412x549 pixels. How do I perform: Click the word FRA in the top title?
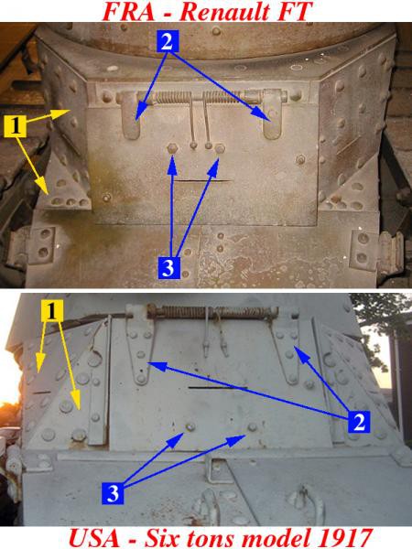(x=128, y=11)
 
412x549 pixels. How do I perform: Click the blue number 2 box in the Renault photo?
(x=168, y=41)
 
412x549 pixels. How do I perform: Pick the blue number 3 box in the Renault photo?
(x=169, y=268)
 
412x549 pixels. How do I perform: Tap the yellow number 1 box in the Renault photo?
(x=15, y=127)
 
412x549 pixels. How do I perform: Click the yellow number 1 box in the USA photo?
(x=52, y=310)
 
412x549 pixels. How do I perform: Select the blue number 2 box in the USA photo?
(x=359, y=422)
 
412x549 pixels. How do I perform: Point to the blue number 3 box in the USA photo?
(x=113, y=494)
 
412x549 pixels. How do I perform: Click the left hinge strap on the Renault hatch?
(x=131, y=114)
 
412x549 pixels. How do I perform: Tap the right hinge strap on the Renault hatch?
(x=272, y=113)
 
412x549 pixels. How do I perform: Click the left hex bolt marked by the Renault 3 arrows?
(x=172, y=148)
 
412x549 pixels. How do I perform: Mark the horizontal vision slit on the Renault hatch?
(x=203, y=181)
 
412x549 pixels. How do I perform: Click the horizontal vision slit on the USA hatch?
(x=218, y=388)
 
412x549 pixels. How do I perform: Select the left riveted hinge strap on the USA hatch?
(x=139, y=346)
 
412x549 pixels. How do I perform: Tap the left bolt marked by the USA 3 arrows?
(x=190, y=426)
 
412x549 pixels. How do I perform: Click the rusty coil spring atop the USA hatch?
(x=213, y=311)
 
